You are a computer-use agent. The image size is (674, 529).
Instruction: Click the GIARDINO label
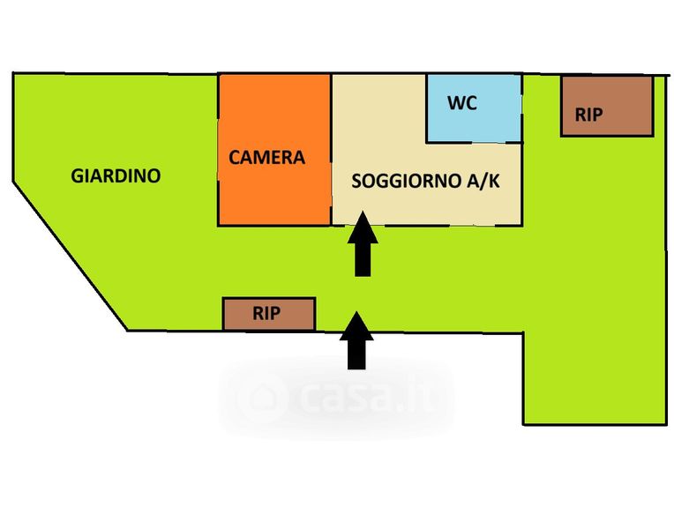click(x=116, y=175)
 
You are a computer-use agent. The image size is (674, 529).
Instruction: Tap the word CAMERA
click(x=266, y=158)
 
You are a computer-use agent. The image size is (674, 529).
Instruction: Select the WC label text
click(x=462, y=103)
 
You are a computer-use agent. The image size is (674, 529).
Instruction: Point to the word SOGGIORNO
click(x=403, y=182)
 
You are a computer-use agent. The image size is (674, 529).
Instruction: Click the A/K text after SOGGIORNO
click(x=484, y=182)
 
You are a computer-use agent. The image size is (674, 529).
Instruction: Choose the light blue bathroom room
click(x=474, y=123)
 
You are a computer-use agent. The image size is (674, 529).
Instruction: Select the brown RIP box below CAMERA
click(x=268, y=313)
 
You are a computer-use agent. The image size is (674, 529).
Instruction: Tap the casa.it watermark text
click(x=362, y=397)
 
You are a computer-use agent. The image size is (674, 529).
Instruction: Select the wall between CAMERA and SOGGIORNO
click(x=331, y=150)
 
